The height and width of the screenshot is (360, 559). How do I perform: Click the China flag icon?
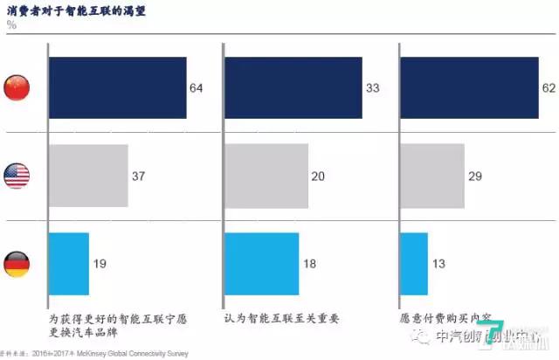pyautogui.click(x=17, y=87)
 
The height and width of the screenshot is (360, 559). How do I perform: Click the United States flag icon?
pyautogui.click(x=17, y=176)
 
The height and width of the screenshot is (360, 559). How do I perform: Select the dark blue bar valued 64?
pyautogui.click(x=117, y=87)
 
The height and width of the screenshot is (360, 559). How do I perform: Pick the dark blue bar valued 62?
pyautogui.click(x=468, y=87)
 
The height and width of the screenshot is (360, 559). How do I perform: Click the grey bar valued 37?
pyautogui.click(x=87, y=176)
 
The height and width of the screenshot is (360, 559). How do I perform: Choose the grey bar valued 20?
pyautogui.click(x=266, y=176)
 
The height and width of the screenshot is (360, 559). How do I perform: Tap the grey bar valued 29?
pyautogui.click(x=431, y=176)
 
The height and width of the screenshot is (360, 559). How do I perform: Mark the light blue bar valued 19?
pyautogui.click(x=68, y=264)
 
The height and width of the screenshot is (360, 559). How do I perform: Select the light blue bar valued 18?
pyautogui.click(x=261, y=264)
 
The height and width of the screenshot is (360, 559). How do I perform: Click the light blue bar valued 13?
pyautogui.click(x=413, y=264)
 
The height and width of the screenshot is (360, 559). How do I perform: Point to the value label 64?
pyautogui.click(x=196, y=88)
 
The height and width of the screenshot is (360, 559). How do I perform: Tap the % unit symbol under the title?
pyautogui.click(x=11, y=24)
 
